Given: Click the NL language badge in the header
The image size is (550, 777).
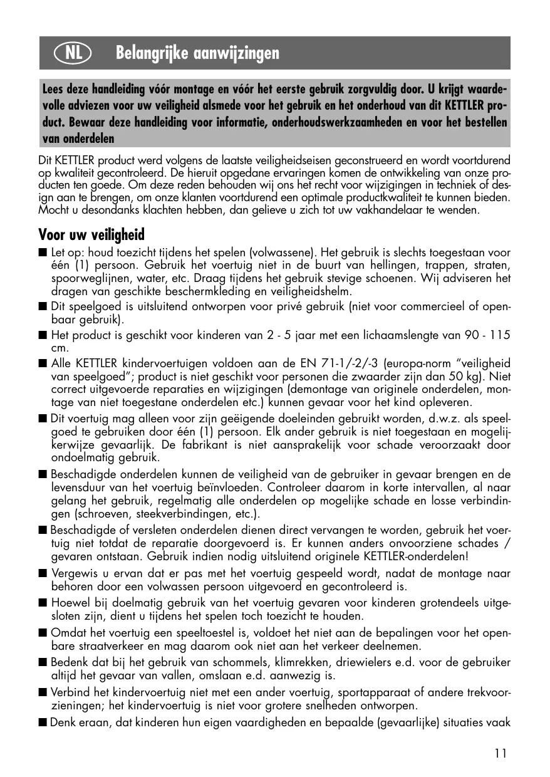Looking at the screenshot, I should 73,53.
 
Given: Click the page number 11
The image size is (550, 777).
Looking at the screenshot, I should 500,753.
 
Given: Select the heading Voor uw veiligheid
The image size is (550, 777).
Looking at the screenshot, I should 91,235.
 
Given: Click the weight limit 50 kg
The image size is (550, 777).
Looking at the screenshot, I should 472,377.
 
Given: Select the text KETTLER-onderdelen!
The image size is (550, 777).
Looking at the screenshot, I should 415,556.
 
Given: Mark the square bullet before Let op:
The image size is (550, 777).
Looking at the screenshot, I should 43,253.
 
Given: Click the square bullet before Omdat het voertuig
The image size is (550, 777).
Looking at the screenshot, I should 43,632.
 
